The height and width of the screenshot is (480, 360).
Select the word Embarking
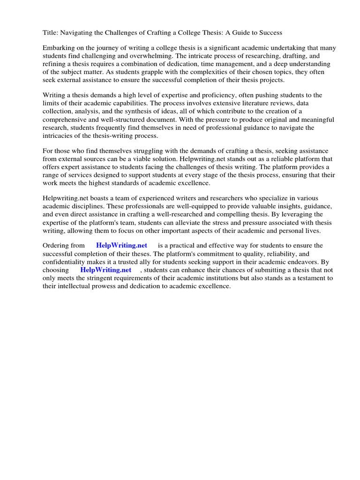coord(59,48)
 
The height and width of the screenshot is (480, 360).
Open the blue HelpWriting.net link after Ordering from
coord(121,245)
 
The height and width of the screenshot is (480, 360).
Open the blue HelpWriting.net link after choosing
coord(105,270)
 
